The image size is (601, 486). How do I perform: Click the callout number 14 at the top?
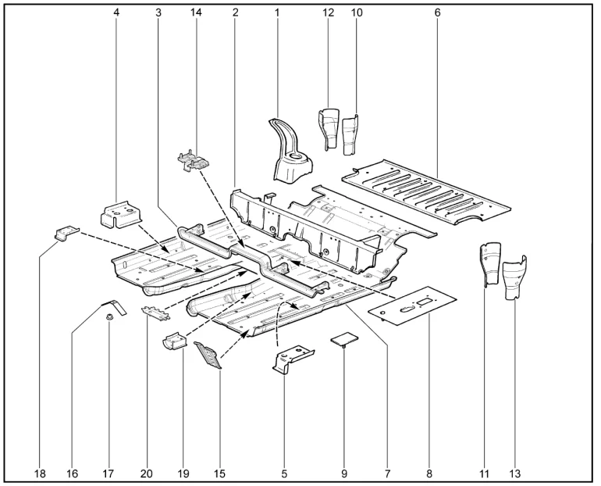(196, 13)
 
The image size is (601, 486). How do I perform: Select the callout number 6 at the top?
(437, 13)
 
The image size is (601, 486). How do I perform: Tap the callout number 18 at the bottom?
(40, 474)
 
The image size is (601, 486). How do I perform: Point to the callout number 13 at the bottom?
(515, 474)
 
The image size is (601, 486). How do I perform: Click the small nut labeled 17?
(109, 317)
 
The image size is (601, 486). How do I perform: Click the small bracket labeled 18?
(66, 233)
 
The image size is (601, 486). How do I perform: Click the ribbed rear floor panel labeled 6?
(426, 191)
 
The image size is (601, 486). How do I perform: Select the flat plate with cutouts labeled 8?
(412, 306)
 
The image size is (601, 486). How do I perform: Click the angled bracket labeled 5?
(293, 359)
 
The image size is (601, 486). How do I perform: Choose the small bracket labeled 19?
(176, 341)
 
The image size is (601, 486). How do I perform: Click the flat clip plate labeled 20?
(155, 313)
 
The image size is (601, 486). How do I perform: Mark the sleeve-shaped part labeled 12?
(329, 128)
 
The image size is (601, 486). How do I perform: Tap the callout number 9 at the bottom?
(343, 474)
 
